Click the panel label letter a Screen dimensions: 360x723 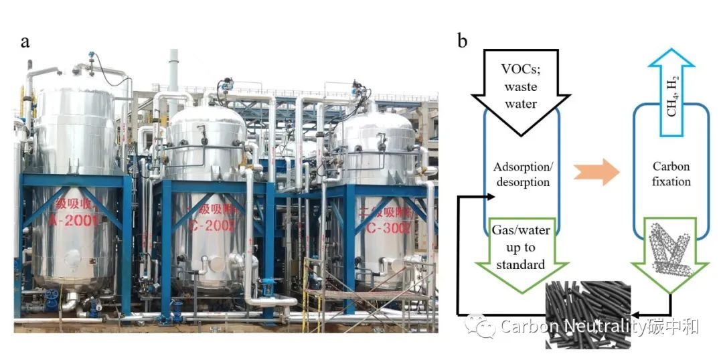point(25,42)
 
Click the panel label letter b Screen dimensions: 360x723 point(462,41)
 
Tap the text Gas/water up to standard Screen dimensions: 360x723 point(521,247)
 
